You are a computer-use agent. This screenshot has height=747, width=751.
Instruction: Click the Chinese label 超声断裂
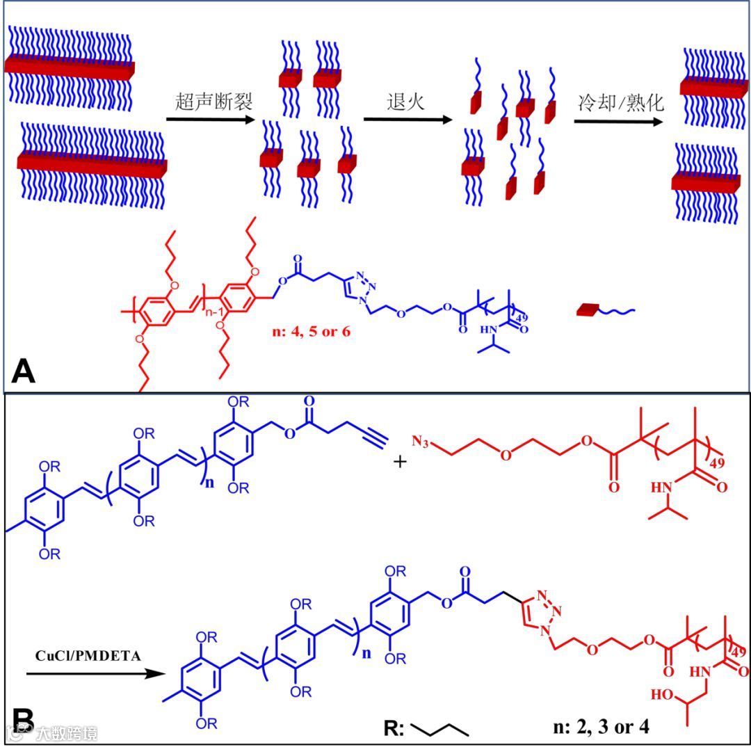coord(213,102)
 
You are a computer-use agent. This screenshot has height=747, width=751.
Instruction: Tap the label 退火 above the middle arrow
coord(405,102)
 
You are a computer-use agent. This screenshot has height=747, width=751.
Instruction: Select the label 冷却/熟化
coord(622,103)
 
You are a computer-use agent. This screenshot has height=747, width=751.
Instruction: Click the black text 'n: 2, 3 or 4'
coord(599,728)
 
